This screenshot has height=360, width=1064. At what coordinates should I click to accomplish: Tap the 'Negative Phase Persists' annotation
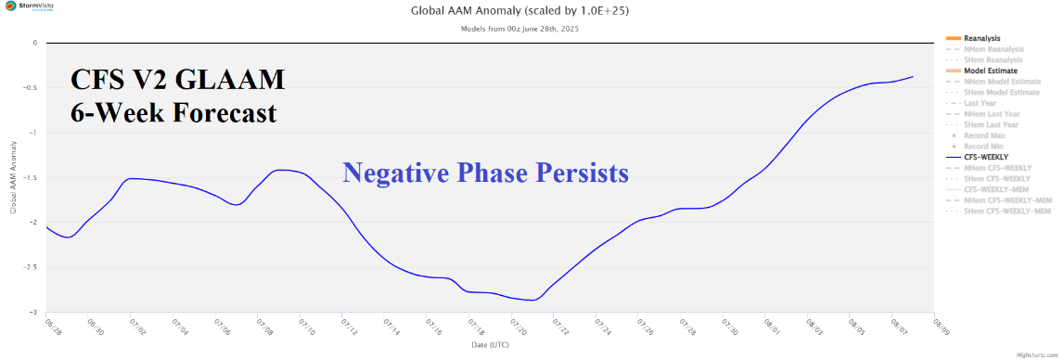tap(485, 172)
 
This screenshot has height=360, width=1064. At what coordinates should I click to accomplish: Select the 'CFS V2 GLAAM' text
tap(177, 82)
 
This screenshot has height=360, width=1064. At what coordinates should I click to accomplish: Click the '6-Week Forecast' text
tap(173, 113)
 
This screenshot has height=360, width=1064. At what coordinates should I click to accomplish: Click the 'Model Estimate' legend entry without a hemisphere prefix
tap(991, 71)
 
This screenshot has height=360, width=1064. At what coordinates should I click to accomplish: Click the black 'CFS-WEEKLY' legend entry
tap(986, 158)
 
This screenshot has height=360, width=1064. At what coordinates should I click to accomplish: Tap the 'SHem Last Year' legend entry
tap(992, 124)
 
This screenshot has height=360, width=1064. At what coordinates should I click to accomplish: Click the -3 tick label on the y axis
tap(34, 313)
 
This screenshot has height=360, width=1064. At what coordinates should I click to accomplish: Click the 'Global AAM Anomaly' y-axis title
tap(13, 177)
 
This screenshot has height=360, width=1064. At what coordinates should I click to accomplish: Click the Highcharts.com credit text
tap(1037, 354)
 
